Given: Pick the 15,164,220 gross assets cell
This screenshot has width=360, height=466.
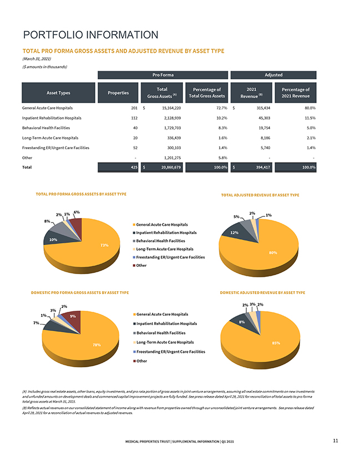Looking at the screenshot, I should [x=163, y=108].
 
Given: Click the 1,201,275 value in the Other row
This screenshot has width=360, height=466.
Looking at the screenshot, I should [x=163, y=158].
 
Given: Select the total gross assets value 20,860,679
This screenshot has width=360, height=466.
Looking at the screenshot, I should [x=163, y=168].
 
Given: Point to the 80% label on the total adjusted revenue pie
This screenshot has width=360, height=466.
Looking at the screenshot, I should [x=272, y=252].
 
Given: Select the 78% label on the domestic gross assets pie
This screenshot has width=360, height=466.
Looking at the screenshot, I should [x=97, y=345].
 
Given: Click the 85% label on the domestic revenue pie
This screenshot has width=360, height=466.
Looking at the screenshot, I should [x=276, y=343].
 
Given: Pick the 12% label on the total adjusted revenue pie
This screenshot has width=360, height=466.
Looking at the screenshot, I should [x=234, y=232].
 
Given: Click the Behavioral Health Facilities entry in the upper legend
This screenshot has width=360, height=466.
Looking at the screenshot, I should [x=161, y=241].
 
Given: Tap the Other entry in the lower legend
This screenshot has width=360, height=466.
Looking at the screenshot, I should [x=141, y=361].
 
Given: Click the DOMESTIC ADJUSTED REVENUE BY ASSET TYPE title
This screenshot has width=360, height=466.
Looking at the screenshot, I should [x=262, y=292].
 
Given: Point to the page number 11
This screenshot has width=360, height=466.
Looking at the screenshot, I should [x=336, y=440].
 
